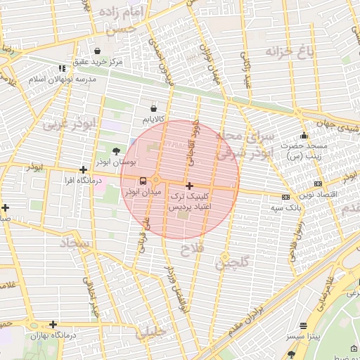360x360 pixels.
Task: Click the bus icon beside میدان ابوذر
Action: [x=144, y=181]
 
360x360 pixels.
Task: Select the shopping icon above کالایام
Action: [x=154, y=109]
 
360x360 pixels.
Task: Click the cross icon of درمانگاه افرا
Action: [x=84, y=169]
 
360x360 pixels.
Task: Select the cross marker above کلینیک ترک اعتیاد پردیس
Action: [x=188, y=186]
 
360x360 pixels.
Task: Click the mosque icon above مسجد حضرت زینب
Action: [x=304, y=136]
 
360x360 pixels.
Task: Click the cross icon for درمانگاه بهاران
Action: [x=53, y=324]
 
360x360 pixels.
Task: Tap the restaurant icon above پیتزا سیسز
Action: [x=303, y=326]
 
